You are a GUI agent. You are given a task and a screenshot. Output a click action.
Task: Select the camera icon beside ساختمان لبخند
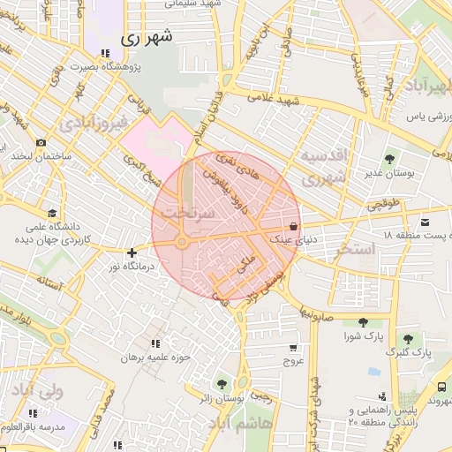(x=41, y=142)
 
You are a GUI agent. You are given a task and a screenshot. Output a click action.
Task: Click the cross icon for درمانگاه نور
(x=132, y=252)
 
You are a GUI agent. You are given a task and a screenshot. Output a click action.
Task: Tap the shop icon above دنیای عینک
(x=292, y=224)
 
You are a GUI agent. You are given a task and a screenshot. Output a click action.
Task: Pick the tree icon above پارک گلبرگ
(x=408, y=338)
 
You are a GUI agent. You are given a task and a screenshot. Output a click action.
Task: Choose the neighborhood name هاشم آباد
(x=240, y=425)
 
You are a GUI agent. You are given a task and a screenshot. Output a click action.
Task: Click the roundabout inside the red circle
(x=182, y=242)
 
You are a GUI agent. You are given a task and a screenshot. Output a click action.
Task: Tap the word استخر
(x=356, y=250)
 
